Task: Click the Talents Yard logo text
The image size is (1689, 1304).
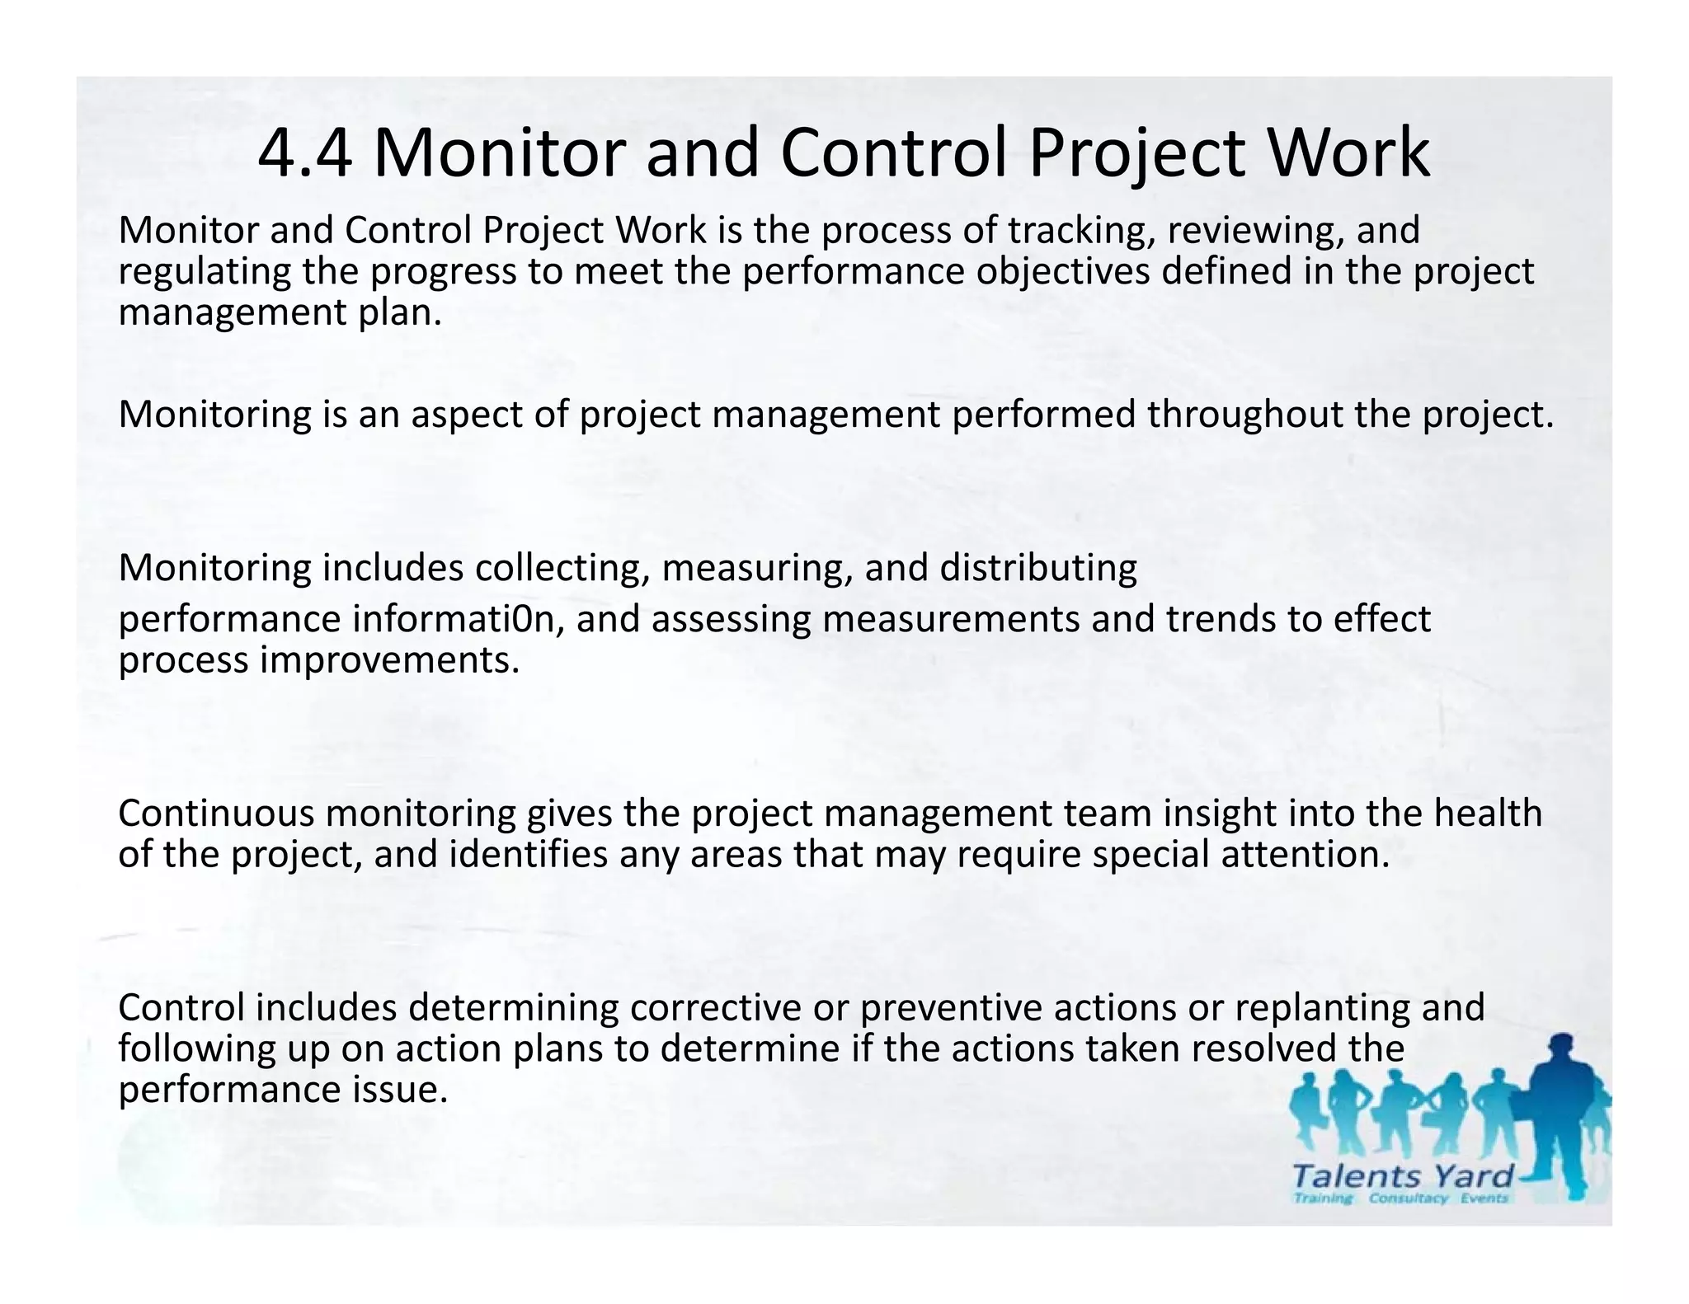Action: click(x=1403, y=1175)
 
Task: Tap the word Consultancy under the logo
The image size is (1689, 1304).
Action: click(x=1408, y=1198)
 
